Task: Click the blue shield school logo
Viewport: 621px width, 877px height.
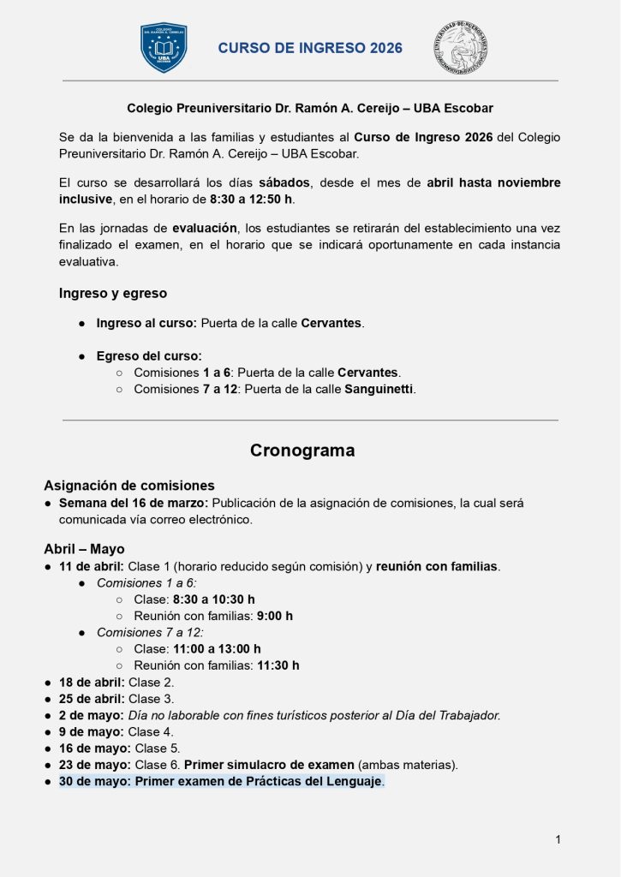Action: (164, 48)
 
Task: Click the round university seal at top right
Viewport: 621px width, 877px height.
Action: (460, 48)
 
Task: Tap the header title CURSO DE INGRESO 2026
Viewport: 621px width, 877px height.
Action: (310, 49)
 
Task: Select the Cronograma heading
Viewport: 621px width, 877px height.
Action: (302, 450)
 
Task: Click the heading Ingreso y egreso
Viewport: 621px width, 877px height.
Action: (113, 293)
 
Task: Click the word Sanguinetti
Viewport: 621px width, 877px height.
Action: (379, 389)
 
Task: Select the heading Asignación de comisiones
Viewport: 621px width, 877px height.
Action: (129, 486)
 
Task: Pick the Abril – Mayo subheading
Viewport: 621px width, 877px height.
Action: (84, 549)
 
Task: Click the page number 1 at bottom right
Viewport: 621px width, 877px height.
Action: (558, 840)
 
